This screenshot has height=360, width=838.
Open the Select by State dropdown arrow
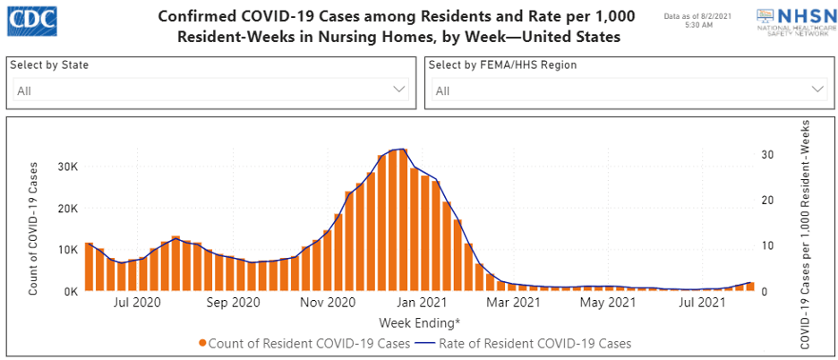pos(399,90)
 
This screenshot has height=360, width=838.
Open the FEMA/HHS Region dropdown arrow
pos(817,90)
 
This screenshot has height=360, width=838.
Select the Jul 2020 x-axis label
pos(136,304)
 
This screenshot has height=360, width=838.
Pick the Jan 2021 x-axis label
pos(422,304)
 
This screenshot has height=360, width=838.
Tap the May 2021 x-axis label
pos(608,304)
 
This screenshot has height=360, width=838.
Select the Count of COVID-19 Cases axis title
pos(33,227)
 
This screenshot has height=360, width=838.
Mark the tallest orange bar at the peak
pos(403,220)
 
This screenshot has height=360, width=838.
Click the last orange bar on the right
pos(750,287)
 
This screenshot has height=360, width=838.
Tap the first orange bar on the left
pos(90,267)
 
